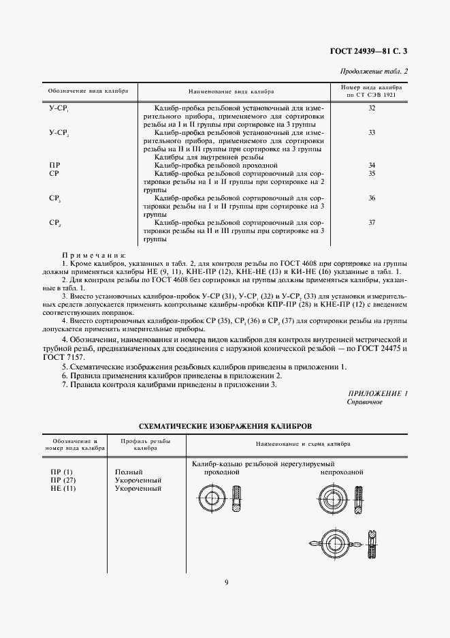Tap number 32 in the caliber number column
pos(372,108)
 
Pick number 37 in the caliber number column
pos(372,223)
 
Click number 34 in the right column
pos(372,166)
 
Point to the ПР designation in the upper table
pos(54,166)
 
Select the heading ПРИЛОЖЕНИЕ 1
pos(377,394)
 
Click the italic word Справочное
pos(364,402)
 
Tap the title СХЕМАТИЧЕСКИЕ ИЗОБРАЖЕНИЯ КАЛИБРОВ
pos(225,425)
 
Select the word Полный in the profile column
pos(129,472)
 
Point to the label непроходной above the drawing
pos(342,472)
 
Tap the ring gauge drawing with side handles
pos(334,545)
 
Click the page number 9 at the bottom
pos(225,581)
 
